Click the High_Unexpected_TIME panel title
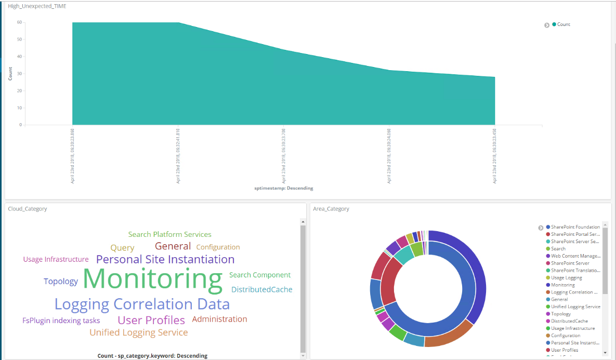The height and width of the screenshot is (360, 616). (36, 6)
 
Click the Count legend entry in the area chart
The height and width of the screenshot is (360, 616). (563, 24)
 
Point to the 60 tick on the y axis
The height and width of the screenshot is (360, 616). (19, 22)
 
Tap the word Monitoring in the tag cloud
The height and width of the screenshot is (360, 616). (152, 279)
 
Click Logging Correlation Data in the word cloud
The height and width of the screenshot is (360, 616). (142, 304)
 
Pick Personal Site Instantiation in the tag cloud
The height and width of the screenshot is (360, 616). (165, 259)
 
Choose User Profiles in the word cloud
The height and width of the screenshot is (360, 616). (151, 320)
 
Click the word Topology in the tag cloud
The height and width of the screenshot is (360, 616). (61, 282)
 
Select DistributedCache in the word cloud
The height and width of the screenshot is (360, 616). (261, 289)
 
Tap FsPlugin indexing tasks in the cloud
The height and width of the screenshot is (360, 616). (61, 321)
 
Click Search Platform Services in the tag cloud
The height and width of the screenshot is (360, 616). (170, 234)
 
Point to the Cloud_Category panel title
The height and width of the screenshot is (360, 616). (28, 209)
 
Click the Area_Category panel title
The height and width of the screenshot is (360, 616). (331, 209)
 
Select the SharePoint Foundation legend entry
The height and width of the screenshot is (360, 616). (575, 227)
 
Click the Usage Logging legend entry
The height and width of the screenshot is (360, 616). (566, 278)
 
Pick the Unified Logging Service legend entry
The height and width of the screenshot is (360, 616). (575, 306)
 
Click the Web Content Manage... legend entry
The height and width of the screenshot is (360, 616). (575, 256)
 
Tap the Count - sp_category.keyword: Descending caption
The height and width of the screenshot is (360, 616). (152, 356)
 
